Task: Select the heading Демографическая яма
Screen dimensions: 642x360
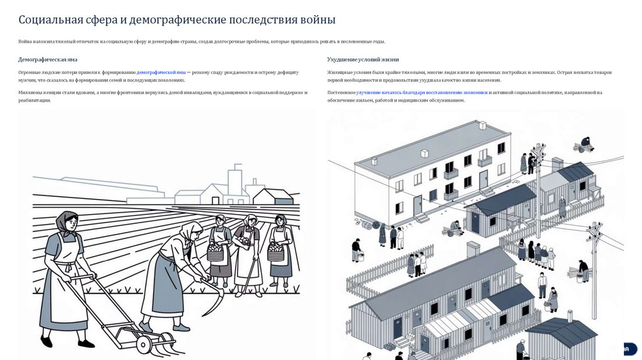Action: pos(48,60)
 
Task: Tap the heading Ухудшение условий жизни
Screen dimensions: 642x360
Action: pos(363,60)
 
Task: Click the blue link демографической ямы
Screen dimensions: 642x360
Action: pos(161,73)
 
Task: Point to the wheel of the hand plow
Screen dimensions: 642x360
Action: pos(144,344)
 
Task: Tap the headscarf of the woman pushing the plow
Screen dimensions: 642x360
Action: pos(66,221)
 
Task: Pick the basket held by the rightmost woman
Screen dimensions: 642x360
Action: pos(276,252)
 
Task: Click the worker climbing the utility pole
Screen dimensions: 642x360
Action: pos(532,163)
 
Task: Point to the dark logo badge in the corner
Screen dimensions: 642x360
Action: pos(630,349)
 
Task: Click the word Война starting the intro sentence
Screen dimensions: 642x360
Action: pos(24,41)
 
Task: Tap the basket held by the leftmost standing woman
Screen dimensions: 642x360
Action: pos(216,253)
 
